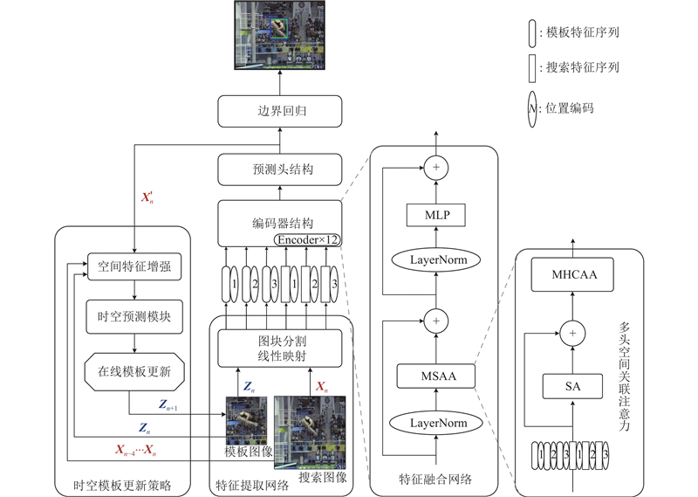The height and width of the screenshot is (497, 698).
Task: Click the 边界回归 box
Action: tap(279, 112)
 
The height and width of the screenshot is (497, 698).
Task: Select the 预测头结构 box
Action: tap(279, 169)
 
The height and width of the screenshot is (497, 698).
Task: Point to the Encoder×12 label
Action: tap(307, 238)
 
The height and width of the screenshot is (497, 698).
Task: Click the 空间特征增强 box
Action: tap(134, 266)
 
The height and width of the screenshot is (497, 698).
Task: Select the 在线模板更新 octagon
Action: tap(134, 372)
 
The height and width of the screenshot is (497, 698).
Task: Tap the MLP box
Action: tap(434, 215)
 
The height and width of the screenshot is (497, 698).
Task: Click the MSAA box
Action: tap(434, 376)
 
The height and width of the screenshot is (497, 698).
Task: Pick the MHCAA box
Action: tap(573, 276)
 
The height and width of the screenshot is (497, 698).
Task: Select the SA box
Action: tap(573, 384)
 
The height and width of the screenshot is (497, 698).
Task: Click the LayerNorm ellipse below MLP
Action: tap(434, 260)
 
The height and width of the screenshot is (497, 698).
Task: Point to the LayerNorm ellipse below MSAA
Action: tap(434, 423)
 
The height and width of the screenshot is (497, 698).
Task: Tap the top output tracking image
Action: tap(281, 35)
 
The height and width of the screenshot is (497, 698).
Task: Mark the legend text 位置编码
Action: tap(570, 108)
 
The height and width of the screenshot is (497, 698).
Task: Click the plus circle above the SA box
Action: tap(573, 333)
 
